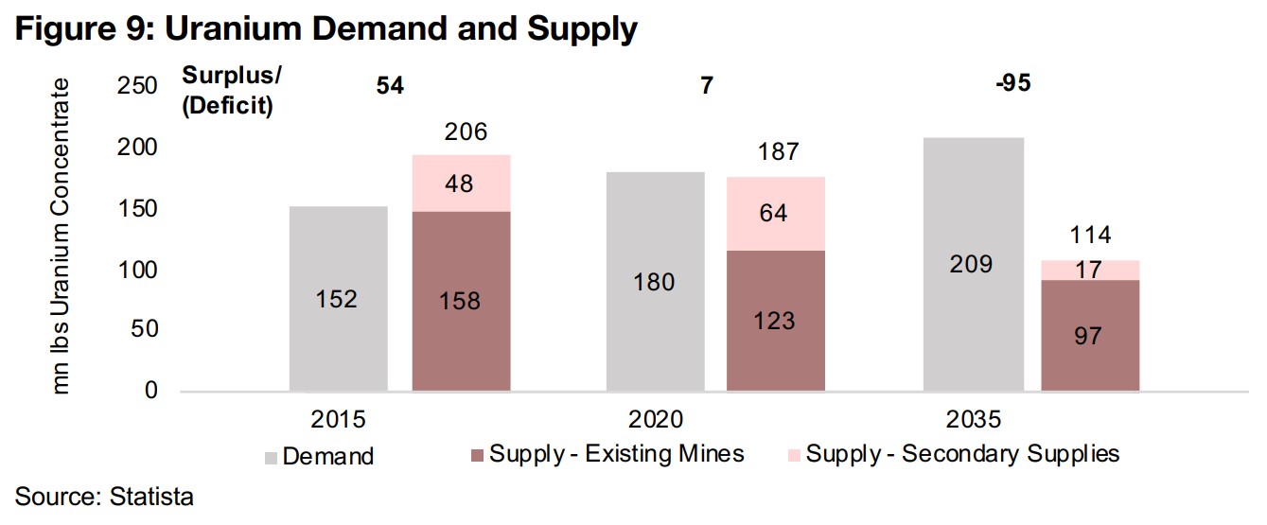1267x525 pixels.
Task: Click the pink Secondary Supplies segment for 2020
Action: [775, 213]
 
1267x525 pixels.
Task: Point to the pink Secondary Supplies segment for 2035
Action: [1090, 270]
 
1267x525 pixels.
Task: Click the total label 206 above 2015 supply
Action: [466, 131]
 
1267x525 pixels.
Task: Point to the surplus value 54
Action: [388, 85]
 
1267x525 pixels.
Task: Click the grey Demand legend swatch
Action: [270, 456]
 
